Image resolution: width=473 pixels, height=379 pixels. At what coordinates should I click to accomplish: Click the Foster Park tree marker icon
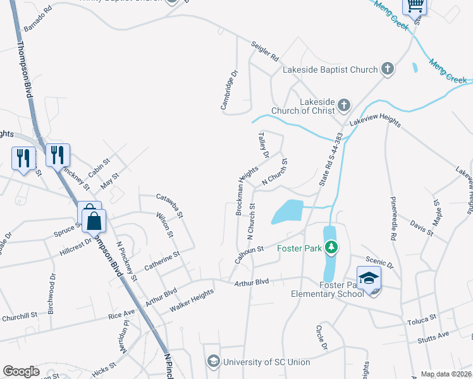pyautogui.click(x=329, y=247)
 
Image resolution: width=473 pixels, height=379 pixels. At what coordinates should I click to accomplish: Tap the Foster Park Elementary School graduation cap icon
pyautogui.click(x=369, y=277)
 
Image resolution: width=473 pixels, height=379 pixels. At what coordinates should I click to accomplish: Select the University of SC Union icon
pyautogui.click(x=213, y=361)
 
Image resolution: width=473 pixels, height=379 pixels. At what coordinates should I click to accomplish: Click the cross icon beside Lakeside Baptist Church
pyautogui.click(x=388, y=69)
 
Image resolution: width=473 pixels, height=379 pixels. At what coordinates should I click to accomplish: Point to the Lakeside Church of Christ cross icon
pyautogui.click(x=343, y=105)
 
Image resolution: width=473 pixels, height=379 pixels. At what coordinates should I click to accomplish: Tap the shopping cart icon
pyautogui.click(x=415, y=6)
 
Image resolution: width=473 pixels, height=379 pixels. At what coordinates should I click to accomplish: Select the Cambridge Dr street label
pyautogui.click(x=228, y=90)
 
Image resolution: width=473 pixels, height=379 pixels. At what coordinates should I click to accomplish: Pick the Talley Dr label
pyautogui.click(x=264, y=145)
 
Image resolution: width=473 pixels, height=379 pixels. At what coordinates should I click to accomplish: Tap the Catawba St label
pyautogui.click(x=169, y=205)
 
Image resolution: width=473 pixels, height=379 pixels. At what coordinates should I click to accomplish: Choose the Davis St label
pyautogui.click(x=421, y=227)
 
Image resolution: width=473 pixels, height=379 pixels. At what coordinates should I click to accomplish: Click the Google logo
pyautogui.click(x=21, y=371)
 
